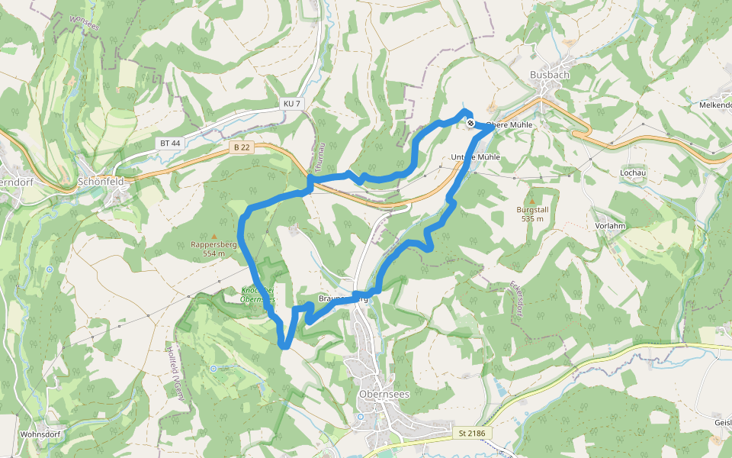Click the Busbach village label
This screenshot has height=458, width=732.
click(549, 75)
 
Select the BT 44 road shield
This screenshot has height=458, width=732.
click(171, 143)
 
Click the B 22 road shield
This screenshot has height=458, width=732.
click(242, 147)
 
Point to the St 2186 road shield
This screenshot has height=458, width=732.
click(471, 434)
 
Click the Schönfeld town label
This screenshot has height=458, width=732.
click(101, 183)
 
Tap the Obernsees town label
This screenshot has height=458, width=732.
click(383, 394)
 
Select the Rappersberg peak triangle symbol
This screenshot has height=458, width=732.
click(214, 237)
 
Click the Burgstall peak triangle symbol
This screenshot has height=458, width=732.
click(532, 200)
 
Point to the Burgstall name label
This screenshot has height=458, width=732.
click(532, 209)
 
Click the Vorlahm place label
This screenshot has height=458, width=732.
click(610, 227)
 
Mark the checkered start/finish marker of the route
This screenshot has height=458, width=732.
click(472, 122)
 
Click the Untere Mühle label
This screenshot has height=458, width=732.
click(475, 157)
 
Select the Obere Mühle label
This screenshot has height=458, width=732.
click(509, 124)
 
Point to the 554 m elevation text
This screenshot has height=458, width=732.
click(214, 253)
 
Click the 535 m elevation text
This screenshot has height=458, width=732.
click(532, 218)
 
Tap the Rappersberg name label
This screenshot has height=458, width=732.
click(214, 245)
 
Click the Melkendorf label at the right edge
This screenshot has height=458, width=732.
click(716, 105)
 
